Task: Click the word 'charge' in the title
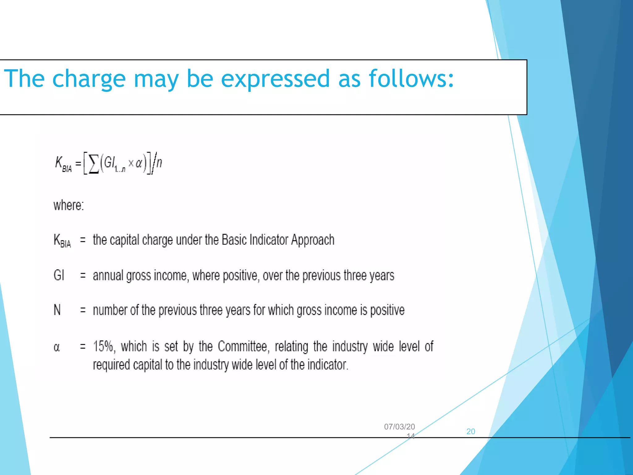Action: point(89,79)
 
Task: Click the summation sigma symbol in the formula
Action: point(94,164)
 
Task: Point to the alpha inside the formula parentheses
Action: point(139,163)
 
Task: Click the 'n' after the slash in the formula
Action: point(159,162)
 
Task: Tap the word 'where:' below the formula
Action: point(69,205)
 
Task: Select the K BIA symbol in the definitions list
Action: point(62,241)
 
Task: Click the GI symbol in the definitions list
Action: point(59,275)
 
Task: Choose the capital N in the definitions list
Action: point(57,310)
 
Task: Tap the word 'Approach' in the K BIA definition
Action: point(313,240)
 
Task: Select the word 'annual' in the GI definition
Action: point(108,275)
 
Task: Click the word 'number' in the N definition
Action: point(109,310)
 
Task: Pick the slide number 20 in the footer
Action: point(470,431)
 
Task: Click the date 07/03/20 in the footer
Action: point(399,427)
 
